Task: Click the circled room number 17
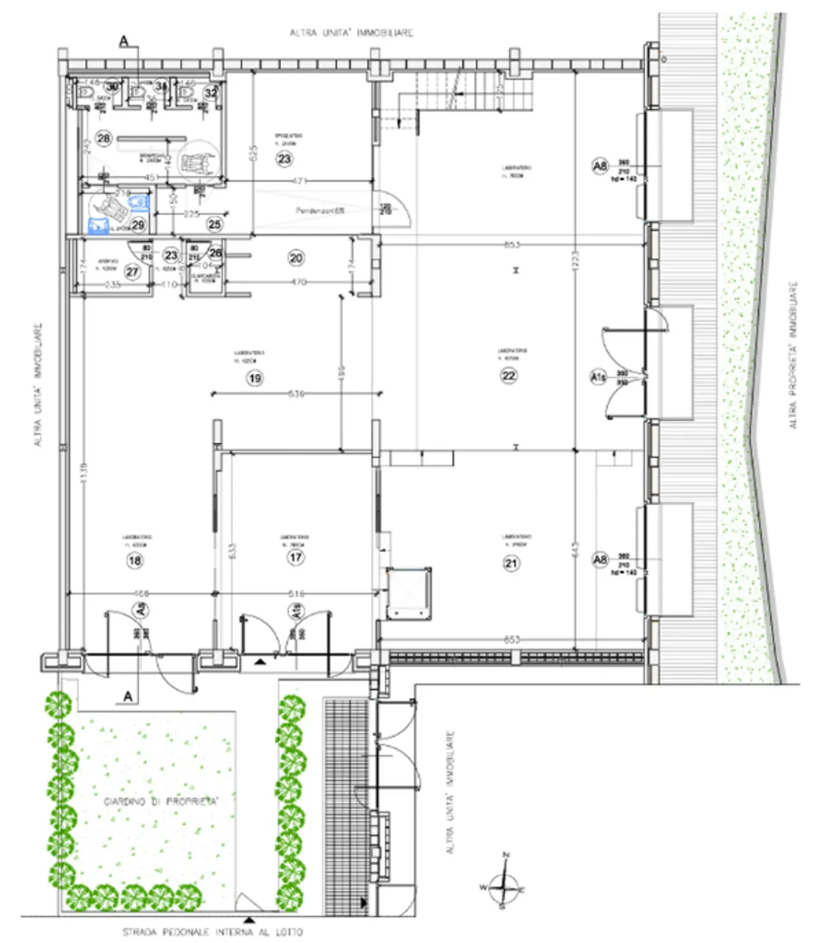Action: [296, 557]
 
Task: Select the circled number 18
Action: [135, 560]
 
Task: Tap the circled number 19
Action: [255, 378]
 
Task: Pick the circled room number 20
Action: [296, 258]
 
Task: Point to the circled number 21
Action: [511, 563]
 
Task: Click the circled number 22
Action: [509, 376]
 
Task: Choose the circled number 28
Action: [104, 138]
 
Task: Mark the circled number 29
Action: [138, 225]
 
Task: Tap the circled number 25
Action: [214, 225]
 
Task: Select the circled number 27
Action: [133, 272]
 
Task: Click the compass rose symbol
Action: [504, 885]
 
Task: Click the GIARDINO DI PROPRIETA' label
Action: [161, 802]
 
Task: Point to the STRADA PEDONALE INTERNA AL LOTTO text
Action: [212, 932]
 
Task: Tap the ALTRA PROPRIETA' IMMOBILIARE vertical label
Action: [793, 355]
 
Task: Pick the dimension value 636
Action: [295, 393]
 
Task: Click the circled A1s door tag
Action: [598, 376]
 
